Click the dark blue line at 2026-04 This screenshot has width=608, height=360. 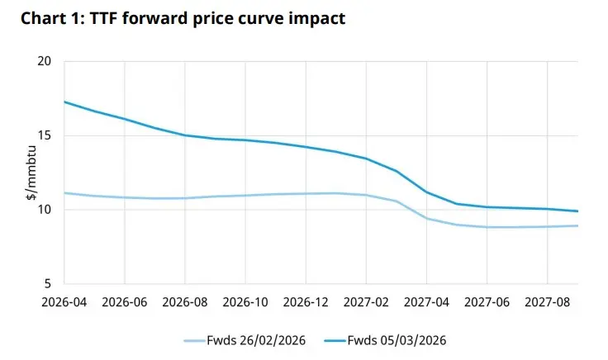click(65, 102)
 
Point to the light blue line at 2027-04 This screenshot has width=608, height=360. click(426, 218)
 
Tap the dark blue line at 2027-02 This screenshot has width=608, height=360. click(366, 159)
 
